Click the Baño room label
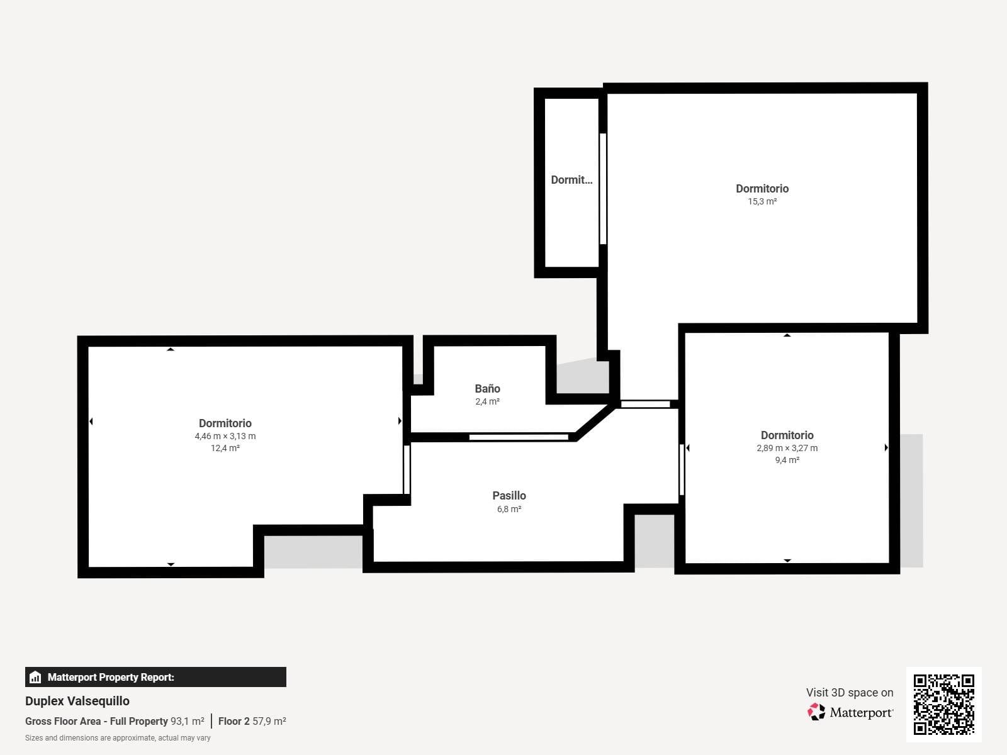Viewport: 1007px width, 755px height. coord(487,389)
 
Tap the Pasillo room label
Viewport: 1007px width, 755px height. coord(509,496)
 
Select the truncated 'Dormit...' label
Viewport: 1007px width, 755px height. coord(571,180)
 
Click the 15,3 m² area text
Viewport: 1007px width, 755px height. coord(762,201)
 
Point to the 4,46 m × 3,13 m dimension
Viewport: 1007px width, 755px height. coord(225,436)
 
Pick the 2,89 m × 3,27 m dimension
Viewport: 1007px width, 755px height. coord(787,448)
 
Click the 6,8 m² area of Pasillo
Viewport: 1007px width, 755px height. coord(509,509)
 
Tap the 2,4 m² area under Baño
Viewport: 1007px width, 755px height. coord(487,401)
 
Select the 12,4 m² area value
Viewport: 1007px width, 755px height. coord(225,448)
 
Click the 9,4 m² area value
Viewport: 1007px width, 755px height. coord(787,460)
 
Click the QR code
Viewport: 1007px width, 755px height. coord(943,704)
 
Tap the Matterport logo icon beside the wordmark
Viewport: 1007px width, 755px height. coord(816,712)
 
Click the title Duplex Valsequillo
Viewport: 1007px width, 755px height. coord(77,701)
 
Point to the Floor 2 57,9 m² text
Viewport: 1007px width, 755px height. coord(252,721)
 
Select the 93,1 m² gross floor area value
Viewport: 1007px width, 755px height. coord(187,721)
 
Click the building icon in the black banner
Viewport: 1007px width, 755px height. coord(35,677)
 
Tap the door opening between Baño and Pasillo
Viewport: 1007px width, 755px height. coord(519,437)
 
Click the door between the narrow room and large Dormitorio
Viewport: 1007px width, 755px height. coord(603,189)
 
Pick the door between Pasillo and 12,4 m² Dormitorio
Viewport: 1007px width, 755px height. coord(407,469)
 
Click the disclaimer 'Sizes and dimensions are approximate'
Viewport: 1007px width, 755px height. coord(118,738)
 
